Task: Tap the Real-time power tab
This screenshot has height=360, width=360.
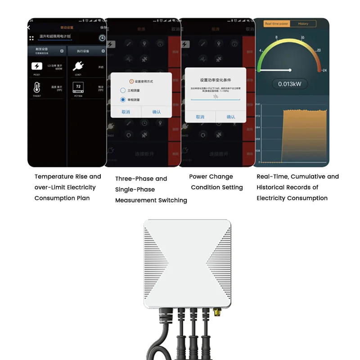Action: [276, 23]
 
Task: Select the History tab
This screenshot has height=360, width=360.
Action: [303, 23]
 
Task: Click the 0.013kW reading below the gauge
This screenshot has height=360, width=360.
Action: [290, 84]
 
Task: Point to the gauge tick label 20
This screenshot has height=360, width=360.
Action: [319, 50]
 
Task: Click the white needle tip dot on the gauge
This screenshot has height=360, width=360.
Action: [290, 70]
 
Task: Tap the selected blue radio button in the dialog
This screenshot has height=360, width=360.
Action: [123, 99]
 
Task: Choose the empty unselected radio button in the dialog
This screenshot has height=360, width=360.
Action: [123, 90]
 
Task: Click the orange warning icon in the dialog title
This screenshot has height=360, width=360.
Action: [131, 81]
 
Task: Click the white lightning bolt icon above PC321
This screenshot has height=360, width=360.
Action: [36, 67]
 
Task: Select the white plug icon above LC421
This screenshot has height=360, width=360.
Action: [78, 67]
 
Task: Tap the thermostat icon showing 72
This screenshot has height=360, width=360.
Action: [78, 86]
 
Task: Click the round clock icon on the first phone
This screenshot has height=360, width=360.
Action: [102, 38]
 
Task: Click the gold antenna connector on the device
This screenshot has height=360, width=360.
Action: [217, 311]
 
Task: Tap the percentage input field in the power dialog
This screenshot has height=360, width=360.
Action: [216, 96]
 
